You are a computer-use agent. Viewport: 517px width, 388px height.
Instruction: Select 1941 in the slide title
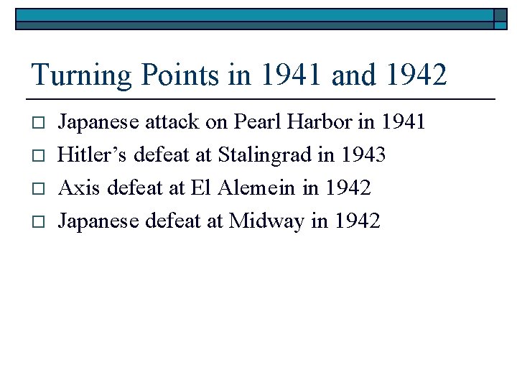(x=281, y=75)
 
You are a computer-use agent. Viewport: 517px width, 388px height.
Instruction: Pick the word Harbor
(x=320, y=123)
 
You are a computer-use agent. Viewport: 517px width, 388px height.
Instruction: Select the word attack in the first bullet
(x=172, y=123)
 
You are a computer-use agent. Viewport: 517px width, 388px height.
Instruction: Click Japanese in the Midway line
(x=98, y=221)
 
